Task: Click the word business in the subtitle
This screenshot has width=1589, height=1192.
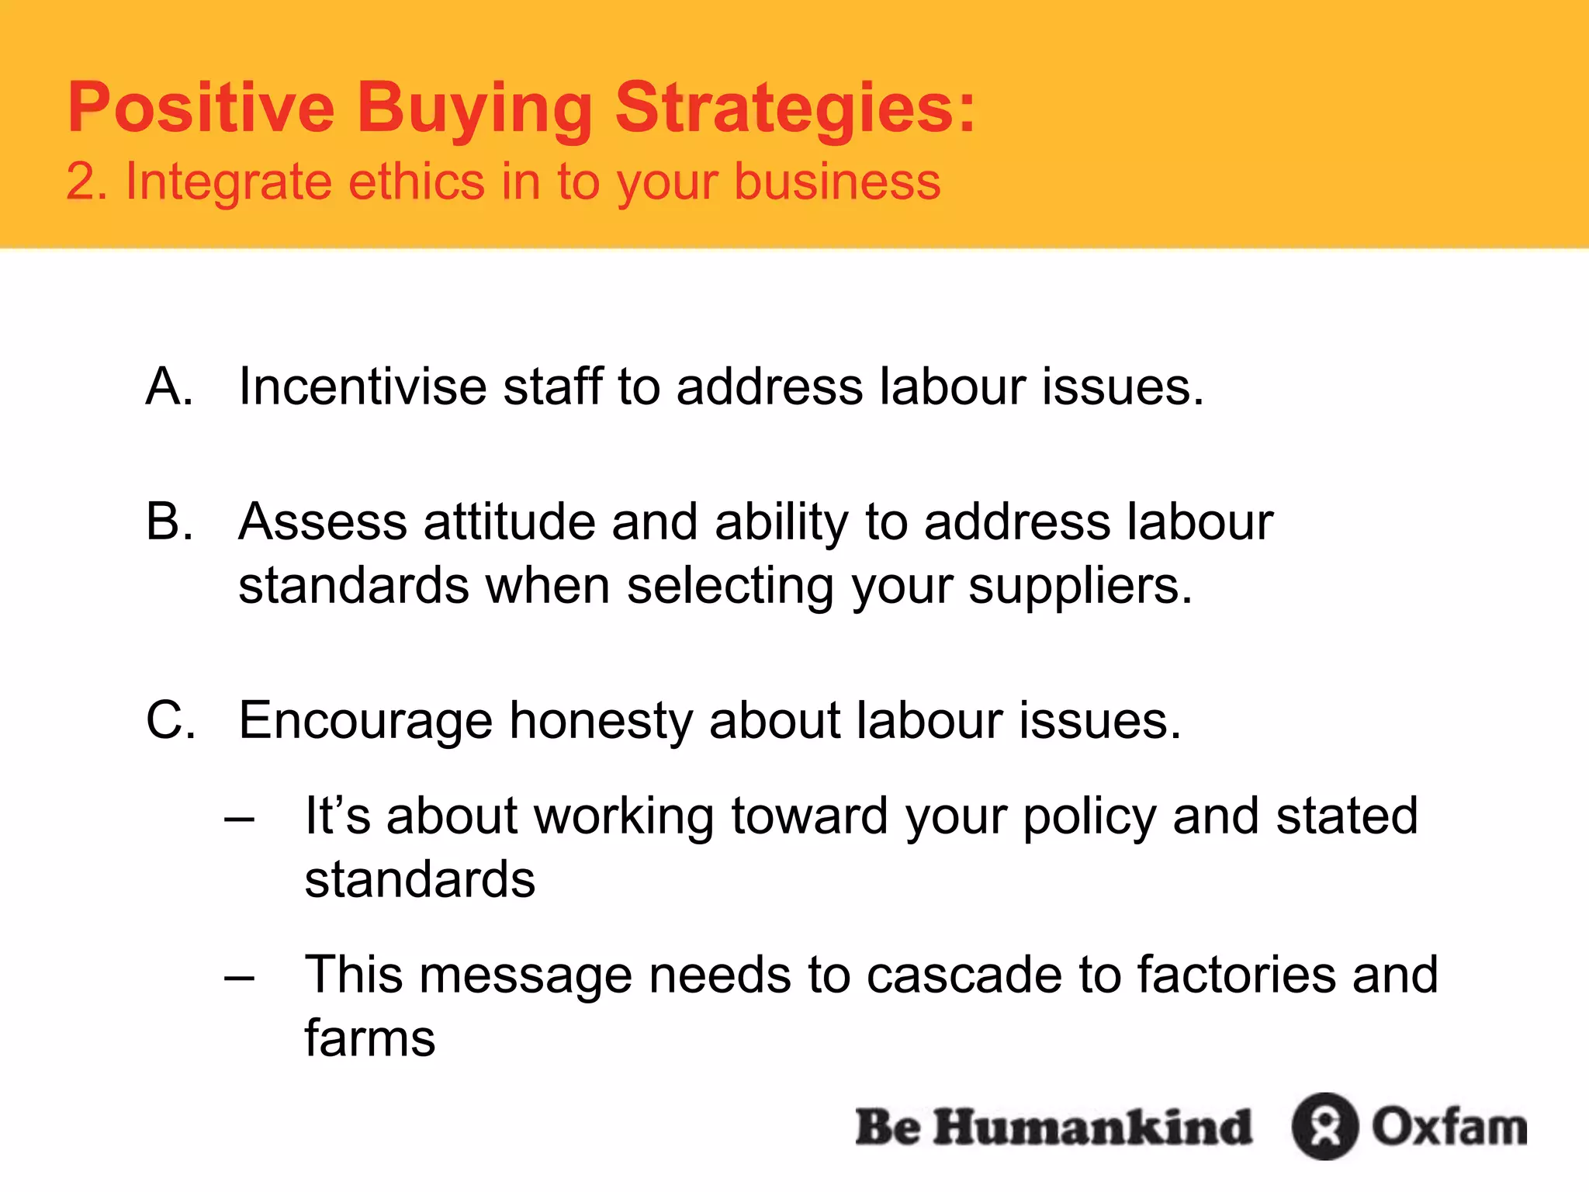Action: pos(837,182)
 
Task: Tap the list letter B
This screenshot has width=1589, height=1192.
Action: pos(168,521)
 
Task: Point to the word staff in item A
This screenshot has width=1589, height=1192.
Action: pos(552,386)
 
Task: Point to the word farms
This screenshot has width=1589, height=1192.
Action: pos(369,1038)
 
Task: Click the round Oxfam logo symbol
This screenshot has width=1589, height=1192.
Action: pos(1324,1126)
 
